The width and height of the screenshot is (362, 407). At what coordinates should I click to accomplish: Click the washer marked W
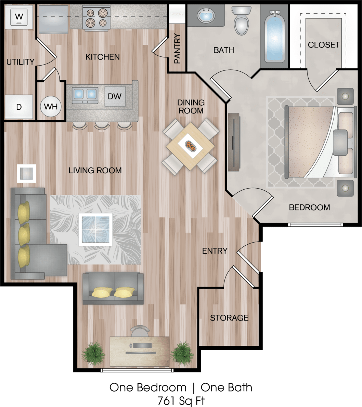[19, 16]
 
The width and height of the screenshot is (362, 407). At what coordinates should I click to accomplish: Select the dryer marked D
[19, 107]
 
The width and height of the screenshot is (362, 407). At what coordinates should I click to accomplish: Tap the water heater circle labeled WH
[51, 106]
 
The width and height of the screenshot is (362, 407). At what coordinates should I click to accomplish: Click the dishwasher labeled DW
[115, 96]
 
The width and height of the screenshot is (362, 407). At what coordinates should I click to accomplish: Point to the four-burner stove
[96, 18]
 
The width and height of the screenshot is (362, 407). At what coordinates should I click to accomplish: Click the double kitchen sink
[85, 95]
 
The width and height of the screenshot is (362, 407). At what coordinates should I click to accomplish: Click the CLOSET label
[323, 45]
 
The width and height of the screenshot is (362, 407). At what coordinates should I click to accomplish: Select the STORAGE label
[229, 318]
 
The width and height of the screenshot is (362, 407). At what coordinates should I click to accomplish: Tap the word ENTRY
[215, 251]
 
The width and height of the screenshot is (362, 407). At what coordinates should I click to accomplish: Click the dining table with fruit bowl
[190, 146]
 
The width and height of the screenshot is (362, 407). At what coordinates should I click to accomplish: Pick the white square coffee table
[95, 229]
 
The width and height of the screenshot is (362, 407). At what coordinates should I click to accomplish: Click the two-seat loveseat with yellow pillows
[113, 288]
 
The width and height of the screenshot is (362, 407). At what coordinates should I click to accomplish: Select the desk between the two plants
[140, 351]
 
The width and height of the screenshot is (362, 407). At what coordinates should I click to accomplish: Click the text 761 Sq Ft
[181, 400]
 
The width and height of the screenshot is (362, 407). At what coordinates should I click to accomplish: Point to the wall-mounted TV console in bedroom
[234, 142]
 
